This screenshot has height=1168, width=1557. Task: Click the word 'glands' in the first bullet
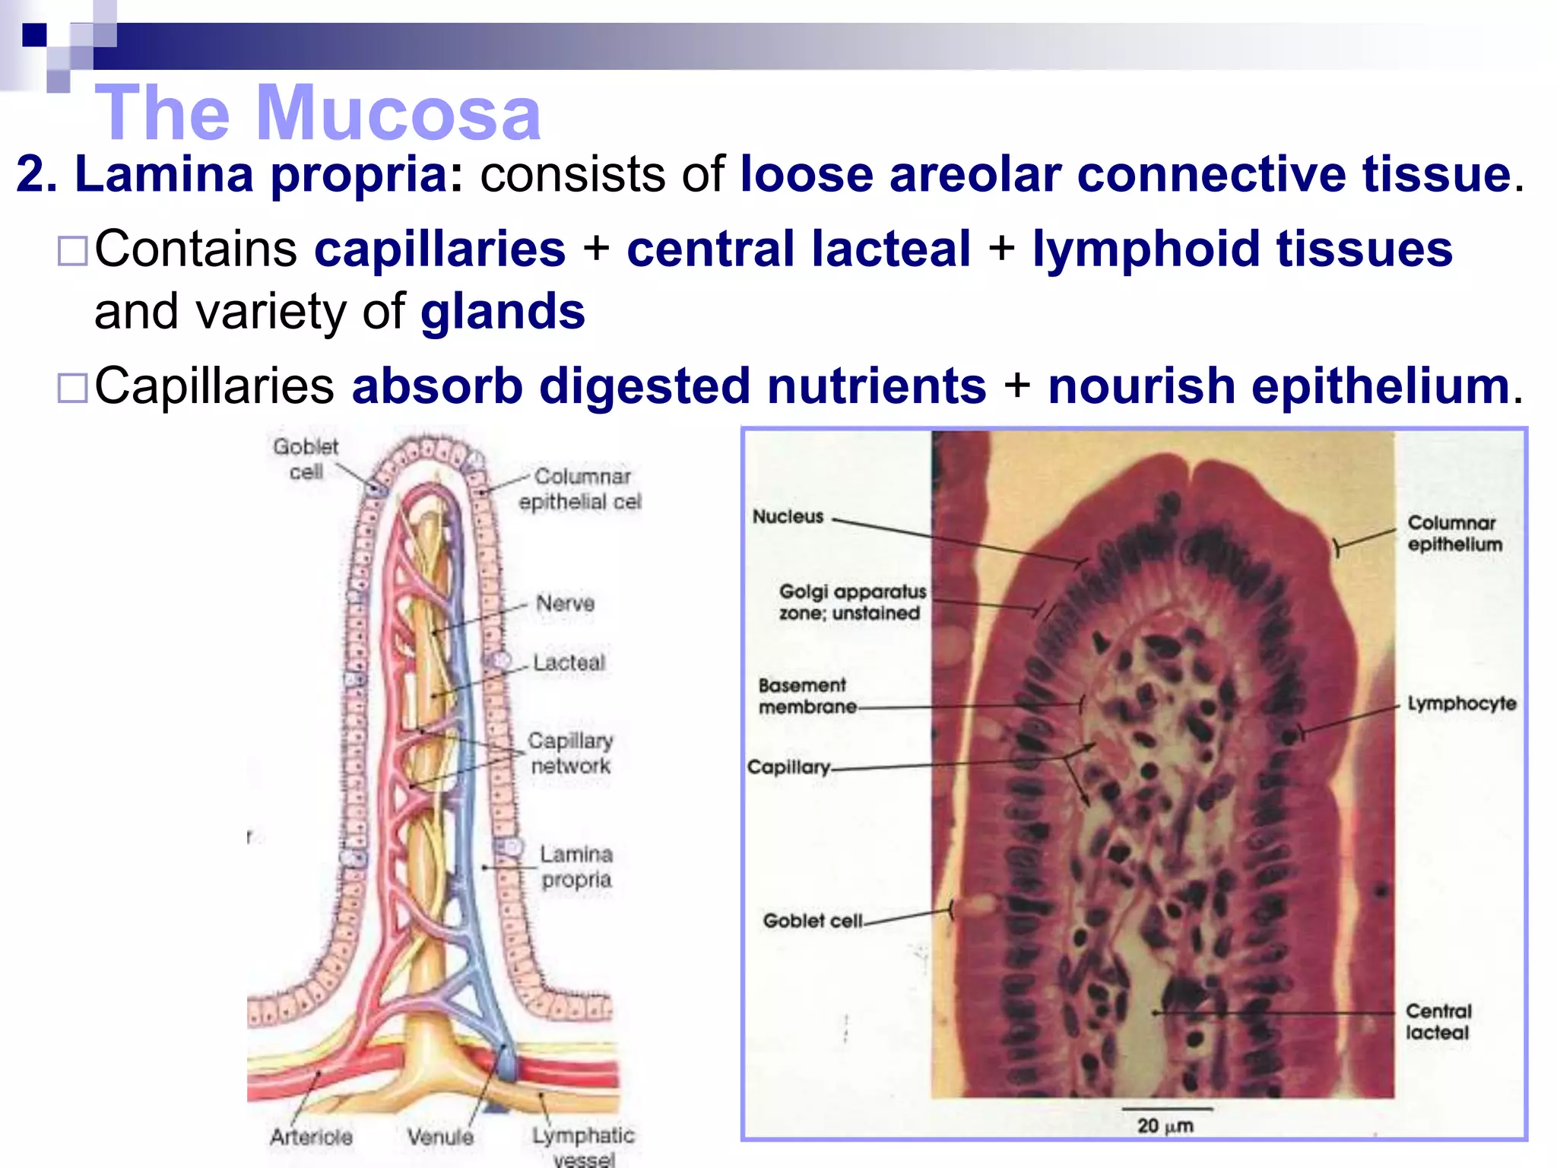tap(503, 312)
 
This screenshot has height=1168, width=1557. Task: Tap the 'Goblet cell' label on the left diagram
tap(306, 459)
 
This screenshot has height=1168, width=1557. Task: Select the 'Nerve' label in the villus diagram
tap(565, 603)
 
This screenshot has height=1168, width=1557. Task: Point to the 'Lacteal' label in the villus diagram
tap(569, 662)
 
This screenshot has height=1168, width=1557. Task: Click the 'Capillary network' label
tap(570, 753)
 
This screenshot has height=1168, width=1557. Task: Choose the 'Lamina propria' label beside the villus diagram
tap(576, 866)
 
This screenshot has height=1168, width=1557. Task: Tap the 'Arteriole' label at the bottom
tap(311, 1136)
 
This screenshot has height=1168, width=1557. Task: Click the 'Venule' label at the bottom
tap(440, 1136)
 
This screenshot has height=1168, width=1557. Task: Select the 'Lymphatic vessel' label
tap(583, 1147)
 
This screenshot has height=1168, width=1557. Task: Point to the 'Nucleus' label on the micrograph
tap(788, 516)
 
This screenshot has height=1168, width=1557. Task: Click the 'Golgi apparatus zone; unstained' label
tap(851, 601)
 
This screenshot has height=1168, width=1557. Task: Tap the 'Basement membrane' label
tap(807, 696)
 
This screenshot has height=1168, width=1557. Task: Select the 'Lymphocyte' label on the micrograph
tap(1461, 703)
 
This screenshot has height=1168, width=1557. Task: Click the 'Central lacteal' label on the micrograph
tap(1438, 1021)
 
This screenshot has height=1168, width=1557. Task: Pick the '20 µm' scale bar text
tap(1165, 1125)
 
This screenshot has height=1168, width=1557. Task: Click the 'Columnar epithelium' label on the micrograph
tap(1454, 533)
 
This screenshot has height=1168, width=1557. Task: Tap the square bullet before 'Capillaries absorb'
tap(73, 387)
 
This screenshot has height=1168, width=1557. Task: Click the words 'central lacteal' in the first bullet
tap(798, 249)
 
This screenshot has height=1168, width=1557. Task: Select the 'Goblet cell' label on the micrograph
tap(812, 920)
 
